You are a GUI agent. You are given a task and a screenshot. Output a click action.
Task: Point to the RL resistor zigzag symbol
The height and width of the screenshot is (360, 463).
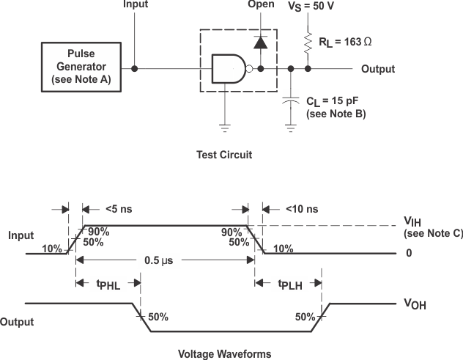(x=308, y=43)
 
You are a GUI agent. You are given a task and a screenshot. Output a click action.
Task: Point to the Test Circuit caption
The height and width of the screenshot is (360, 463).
(x=224, y=155)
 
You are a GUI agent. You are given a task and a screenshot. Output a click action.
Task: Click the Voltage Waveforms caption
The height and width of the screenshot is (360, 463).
(x=225, y=353)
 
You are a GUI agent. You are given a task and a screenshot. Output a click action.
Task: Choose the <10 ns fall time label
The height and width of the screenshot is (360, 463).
(x=300, y=208)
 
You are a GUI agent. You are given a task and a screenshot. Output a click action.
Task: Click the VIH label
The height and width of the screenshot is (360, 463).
(x=414, y=221)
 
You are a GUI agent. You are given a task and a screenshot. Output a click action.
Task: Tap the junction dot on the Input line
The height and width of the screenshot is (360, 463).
(x=134, y=69)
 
